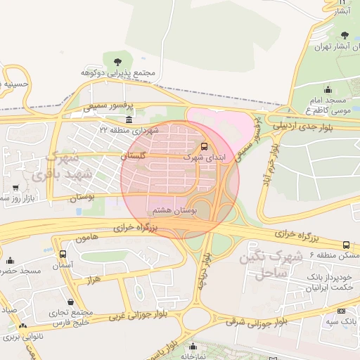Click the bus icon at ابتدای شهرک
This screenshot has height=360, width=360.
point(204,147)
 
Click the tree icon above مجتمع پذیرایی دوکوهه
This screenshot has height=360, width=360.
point(117,61)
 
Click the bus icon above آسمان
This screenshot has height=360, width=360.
point(63,253)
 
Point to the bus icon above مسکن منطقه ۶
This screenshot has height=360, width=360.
point(345,244)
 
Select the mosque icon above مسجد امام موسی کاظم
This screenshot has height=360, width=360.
point(327,89)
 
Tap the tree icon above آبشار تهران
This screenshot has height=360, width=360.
point(344,35)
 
